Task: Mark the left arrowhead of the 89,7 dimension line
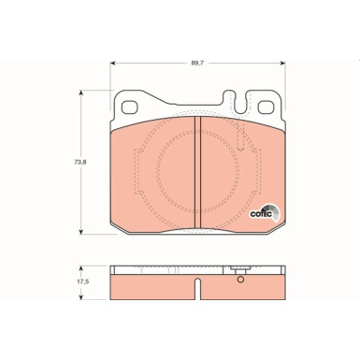[114, 65]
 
